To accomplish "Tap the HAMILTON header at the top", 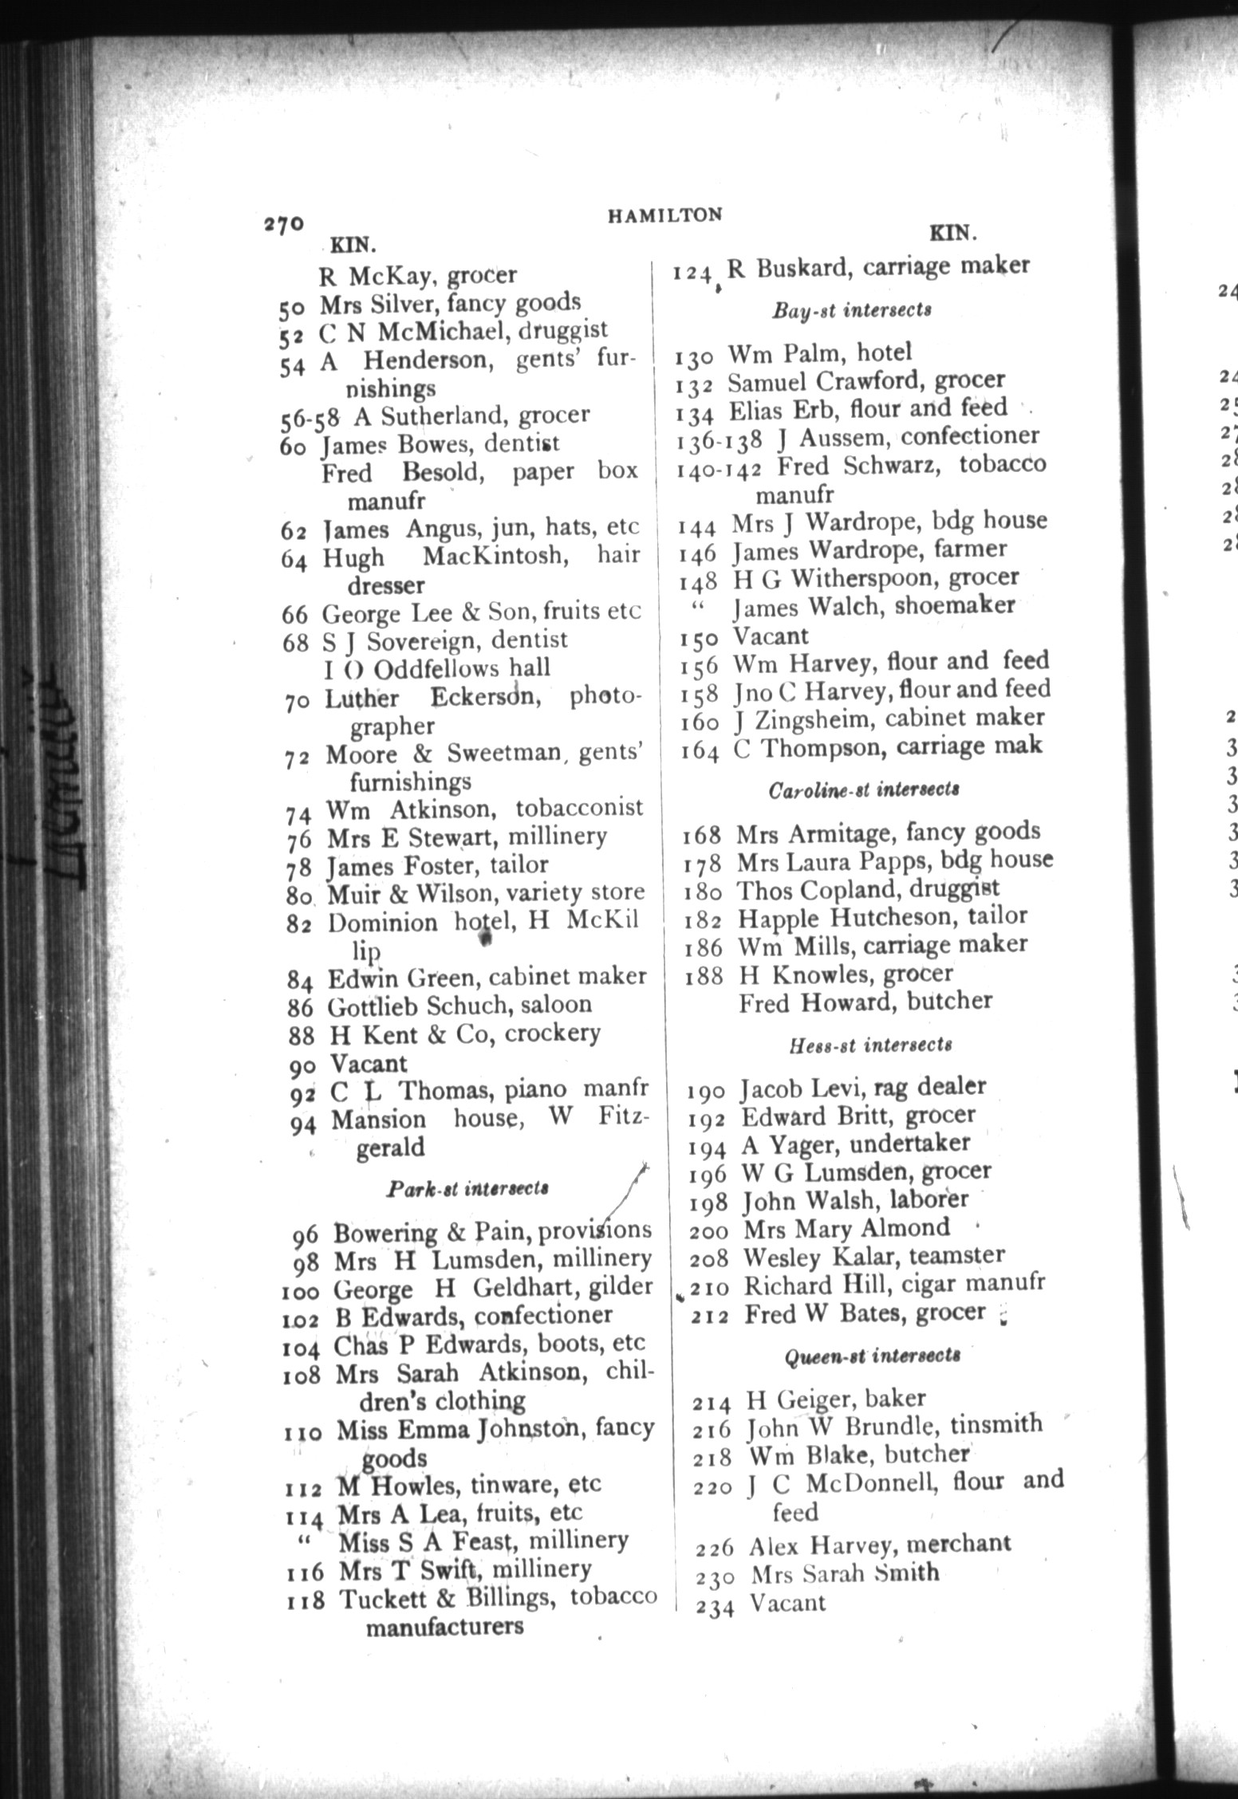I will pyautogui.click(x=664, y=215).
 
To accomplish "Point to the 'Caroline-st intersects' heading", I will pyautogui.click(x=863, y=789).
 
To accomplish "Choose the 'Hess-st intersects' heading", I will pyautogui.click(x=870, y=1044).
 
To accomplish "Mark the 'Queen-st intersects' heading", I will pyautogui.click(x=873, y=1355).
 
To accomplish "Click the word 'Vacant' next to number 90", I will pyautogui.click(x=369, y=1064).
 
